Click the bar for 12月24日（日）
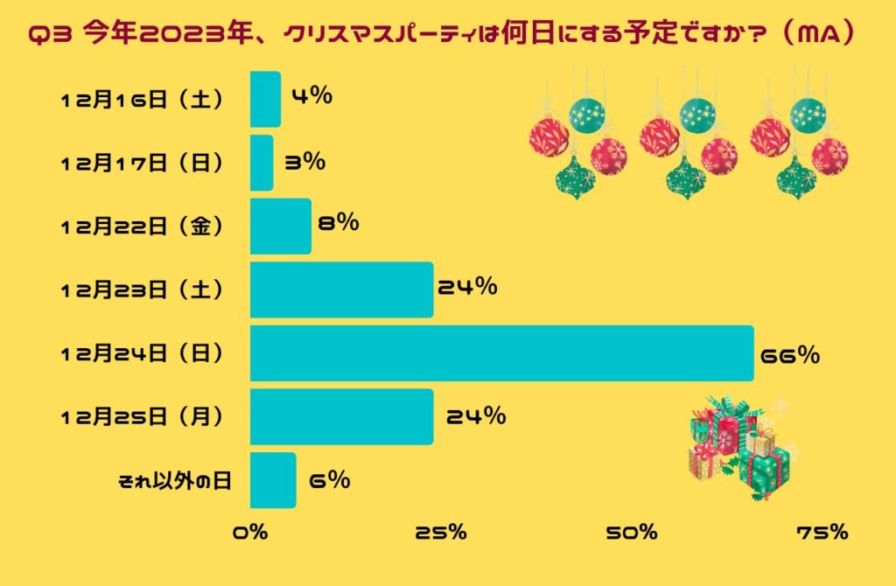(501, 353)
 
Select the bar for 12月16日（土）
(265, 99)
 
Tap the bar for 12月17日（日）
(262, 163)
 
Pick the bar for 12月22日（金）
(280, 226)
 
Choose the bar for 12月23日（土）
(341, 290)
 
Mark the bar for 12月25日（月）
(341, 416)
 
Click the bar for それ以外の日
(273, 480)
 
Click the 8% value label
(338, 223)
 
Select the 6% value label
(329, 479)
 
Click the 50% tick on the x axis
(634, 532)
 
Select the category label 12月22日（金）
(143, 227)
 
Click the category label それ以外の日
(175, 480)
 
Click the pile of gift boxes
(738, 446)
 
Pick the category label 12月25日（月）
(143, 417)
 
